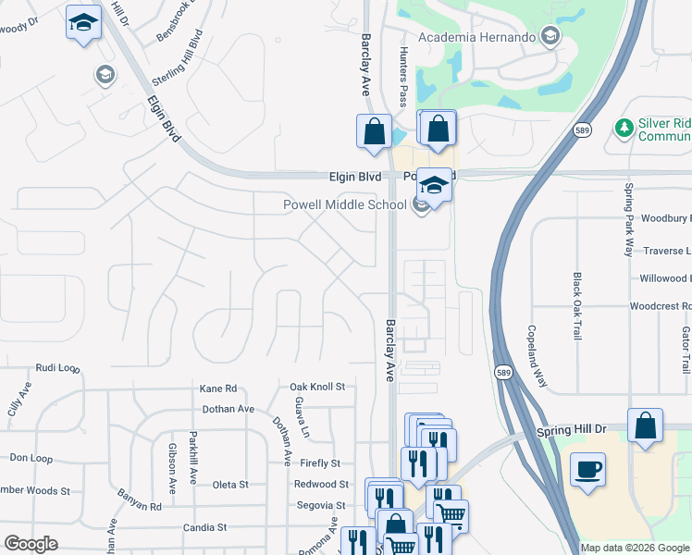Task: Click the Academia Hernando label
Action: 477,37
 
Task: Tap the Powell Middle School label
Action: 344,204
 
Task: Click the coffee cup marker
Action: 587,470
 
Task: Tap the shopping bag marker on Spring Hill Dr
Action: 645,426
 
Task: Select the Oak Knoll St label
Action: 316,387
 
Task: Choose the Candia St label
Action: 204,527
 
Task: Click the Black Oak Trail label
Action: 577,306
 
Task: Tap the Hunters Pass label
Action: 402,78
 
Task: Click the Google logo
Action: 31,544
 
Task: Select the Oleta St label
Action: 230,485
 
